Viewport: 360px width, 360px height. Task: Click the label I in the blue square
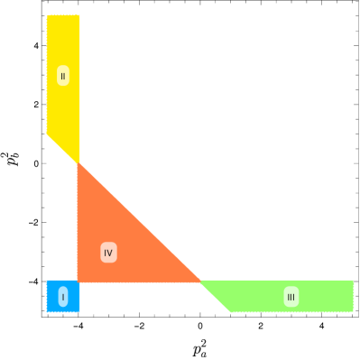click(x=63, y=296)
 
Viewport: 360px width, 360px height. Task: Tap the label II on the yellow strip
click(x=63, y=76)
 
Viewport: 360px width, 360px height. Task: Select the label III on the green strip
click(x=291, y=296)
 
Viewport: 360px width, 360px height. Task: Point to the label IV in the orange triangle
click(x=108, y=253)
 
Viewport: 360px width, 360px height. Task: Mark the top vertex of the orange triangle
click(x=78, y=162)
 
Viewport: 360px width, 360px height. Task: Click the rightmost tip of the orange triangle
click(x=199, y=282)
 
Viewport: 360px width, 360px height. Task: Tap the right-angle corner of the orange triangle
click(x=78, y=282)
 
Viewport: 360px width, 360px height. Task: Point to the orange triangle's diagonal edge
click(x=139, y=222)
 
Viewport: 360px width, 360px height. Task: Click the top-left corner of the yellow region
click(x=47, y=15)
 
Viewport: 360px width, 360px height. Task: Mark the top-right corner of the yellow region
click(x=79, y=15)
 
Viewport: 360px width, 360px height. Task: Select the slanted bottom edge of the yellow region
click(x=63, y=149)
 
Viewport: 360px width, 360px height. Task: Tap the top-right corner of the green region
click(x=353, y=281)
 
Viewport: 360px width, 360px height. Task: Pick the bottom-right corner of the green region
click(x=353, y=311)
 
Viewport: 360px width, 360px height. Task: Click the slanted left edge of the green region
click(x=215, y=296)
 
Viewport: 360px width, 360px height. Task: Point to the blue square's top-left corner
click(x=47, y=281)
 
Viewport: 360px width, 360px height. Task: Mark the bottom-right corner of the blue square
click(x=79, y=311)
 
